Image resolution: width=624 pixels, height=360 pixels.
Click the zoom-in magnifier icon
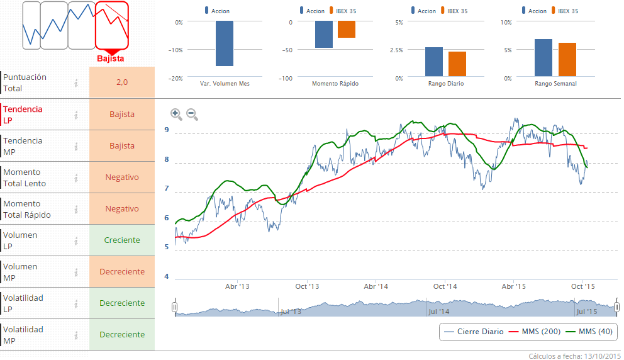[176, 114]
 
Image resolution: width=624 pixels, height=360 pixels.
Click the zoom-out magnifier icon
[192, 114]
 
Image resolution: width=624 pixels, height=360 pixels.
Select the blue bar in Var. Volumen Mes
[225, 43]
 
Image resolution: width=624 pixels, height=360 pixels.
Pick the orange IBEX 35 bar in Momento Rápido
[347, 30]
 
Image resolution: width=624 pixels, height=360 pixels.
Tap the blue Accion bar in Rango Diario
[434, 62]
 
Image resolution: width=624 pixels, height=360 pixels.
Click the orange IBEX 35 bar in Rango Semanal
[567, 60]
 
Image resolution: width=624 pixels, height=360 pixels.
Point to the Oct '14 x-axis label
[445, 286]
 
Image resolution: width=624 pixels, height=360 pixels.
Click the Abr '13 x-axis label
[237, 286]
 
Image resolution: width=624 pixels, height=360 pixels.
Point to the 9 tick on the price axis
[167, 130]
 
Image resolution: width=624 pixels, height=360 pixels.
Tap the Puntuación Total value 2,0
[122, 82]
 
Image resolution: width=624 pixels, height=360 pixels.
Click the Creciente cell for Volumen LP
[122, 240]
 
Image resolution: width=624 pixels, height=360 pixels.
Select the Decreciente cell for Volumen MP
[122, 271]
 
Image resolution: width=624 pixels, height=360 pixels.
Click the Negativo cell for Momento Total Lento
[122, 177]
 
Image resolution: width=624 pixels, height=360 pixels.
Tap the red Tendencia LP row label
[23, 115]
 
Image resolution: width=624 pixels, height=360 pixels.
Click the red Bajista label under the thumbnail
[111, 59]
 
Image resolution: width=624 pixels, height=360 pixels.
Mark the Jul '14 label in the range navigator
[438, 312]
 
